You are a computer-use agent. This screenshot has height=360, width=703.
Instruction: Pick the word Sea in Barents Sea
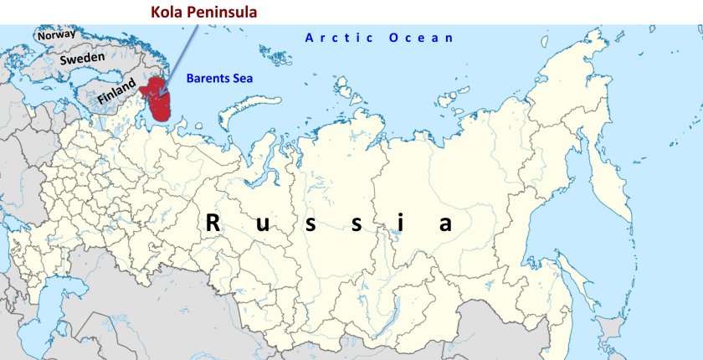coord(243,79)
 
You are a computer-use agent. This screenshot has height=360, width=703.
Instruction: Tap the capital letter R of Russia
coord(214,224)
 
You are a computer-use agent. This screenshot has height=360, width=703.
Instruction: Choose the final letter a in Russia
coord(445,225)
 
